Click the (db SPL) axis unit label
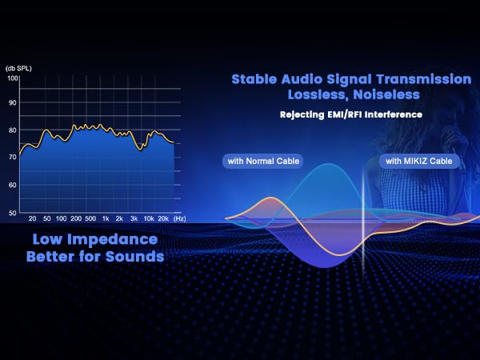click(x=18, y=68)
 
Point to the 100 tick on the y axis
click(x=13, y=78)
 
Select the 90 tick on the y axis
click(x=13, y=103)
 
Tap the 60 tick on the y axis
click(x=13, y=186)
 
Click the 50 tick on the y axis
click(x=13, y=213)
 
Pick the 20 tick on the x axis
click(x=32, y=218)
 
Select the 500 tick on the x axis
click(x=90, y=218)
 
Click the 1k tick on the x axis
click(x=106, y=218)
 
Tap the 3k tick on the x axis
click(x=134, y=218)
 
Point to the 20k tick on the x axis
click(x=163, y=218)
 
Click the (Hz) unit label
click(x=180, y=218)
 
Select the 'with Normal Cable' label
click(x=263, y=161)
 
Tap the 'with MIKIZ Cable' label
click(x=418, y=161)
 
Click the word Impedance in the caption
click(x=112, y=240)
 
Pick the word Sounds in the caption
click(x=134, y=256)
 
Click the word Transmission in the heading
click(x=424, y=79)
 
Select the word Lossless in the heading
click(x=318, y=94)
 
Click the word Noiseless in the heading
click(x=386, y=94)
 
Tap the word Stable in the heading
click(x=254, y=79)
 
